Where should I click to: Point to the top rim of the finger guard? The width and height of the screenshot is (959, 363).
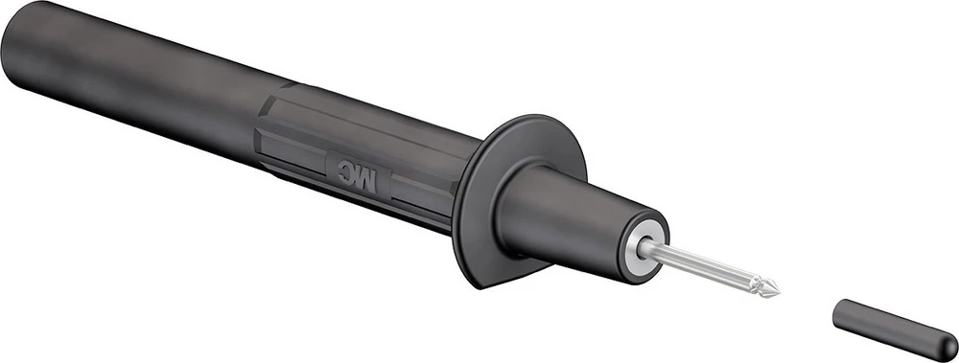(x=537, y=120)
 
